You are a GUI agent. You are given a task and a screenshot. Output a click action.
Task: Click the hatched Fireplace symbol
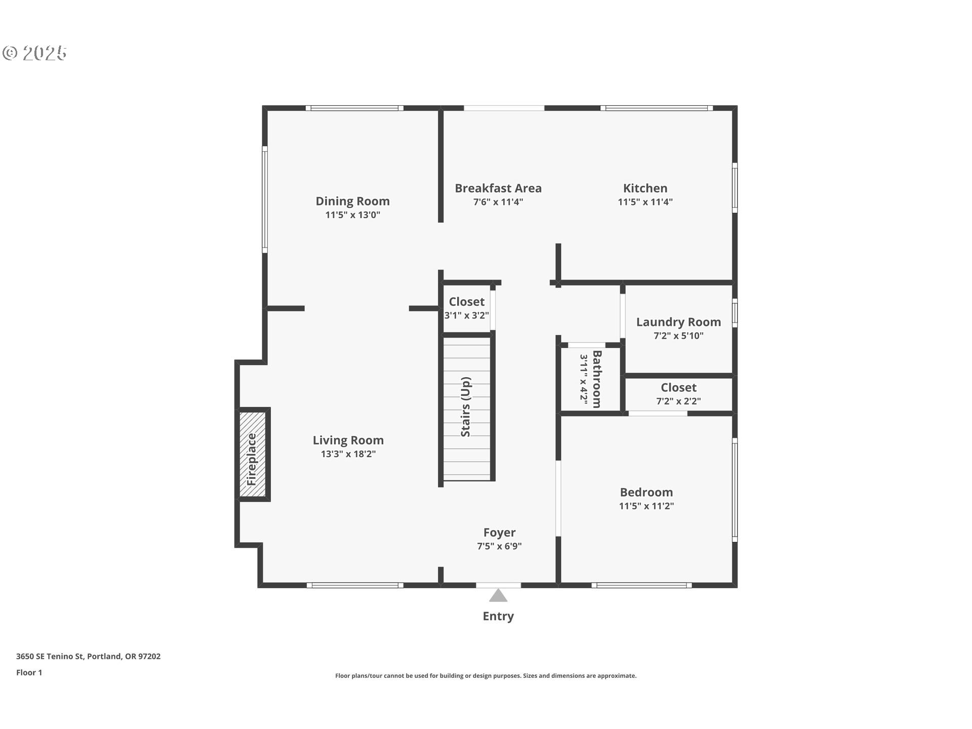pos(253,454)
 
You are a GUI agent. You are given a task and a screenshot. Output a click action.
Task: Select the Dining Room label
pos(353,201)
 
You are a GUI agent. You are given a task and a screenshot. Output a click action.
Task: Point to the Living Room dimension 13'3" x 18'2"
pos(348,454)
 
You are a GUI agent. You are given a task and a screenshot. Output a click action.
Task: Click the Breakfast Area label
pos(498,188)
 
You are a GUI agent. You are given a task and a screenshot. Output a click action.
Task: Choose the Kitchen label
pos(645,188)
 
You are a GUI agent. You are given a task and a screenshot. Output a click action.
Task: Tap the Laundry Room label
pos(678,322)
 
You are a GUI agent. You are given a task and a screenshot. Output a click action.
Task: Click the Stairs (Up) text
pos(466,407)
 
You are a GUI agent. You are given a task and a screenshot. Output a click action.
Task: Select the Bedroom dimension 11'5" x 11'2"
pos(646,506)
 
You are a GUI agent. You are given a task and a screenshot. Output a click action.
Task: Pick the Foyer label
pos(499,533)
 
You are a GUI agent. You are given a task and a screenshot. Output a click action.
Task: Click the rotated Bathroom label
pos(597,379)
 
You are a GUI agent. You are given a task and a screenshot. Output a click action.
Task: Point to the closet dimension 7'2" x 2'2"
pos(678,401)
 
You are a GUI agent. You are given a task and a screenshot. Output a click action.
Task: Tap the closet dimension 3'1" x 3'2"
pos(467,315)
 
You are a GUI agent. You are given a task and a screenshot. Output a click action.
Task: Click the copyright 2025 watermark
pos(35,53)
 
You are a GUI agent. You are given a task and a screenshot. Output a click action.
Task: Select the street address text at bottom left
pos(88,656)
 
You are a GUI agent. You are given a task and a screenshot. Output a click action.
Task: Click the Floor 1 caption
pos(29,672)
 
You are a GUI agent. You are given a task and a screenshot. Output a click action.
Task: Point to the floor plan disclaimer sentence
pos(486,676)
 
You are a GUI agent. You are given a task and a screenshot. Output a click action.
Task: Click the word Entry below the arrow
pos(498,616)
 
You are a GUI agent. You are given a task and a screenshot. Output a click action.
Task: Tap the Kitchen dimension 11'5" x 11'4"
pos(645,201)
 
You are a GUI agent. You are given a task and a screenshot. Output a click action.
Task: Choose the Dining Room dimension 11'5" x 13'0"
pos(353,215)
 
